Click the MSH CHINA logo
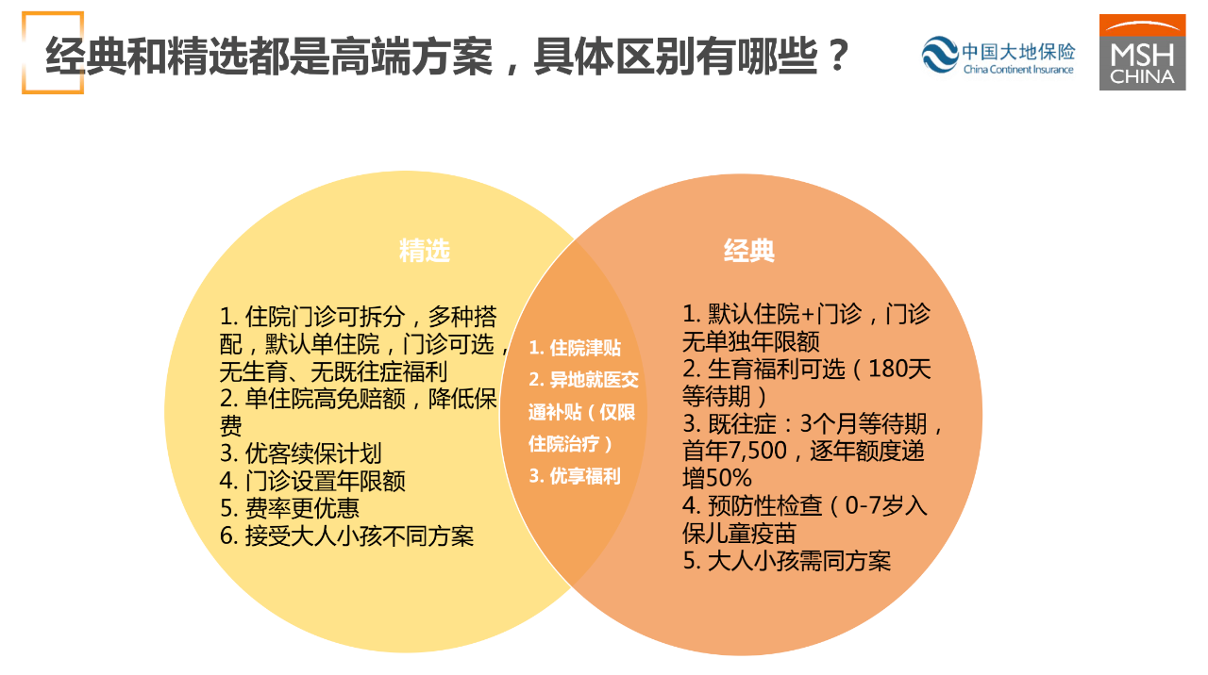[1142, 52]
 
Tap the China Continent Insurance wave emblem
[940, 55]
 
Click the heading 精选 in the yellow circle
[425, 251]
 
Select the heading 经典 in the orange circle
[749, 251]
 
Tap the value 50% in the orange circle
[729, 478]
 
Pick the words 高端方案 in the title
[411, 56]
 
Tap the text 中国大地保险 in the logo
[1018, 52]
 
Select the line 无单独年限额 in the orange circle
[751, 341]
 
